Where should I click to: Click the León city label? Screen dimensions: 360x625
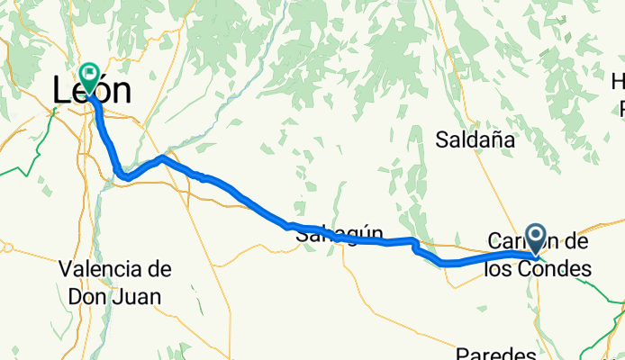click(x=91, y=90)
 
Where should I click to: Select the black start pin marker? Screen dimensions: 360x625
click(x=536, y=238)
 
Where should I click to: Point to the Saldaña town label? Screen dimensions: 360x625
click(x=475, y=139)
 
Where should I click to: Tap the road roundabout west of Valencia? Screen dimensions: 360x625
click(x=5, y=246)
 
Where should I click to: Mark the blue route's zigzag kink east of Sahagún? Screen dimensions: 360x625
click(x=415, y=246)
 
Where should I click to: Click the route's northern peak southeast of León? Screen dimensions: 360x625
click(x=161, y=158)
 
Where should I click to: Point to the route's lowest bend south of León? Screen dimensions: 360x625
click(x=126, y=177)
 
